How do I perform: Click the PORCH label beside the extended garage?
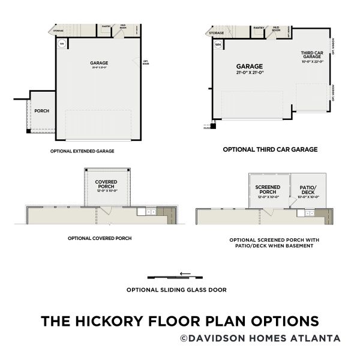pyautogui.click(x=41, y=111)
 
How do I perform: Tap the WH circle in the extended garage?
pyautogui.click(x=62, y=43)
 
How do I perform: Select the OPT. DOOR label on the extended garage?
pyautogui.click(x=145, y=61)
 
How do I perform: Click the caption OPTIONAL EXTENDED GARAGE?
pyautogui.click(x=82, y=151)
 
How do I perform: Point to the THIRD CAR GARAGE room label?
pyautogui.click(x=312, y=56)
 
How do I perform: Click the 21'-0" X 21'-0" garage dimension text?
pyautogui.click(x=249, y=73)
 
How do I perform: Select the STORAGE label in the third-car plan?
pyautogui.click(x=217, y=33)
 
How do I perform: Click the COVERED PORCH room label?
pyautogui.click(x=106, y=184)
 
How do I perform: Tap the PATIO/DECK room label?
pyautogui.click(x=307, y=190)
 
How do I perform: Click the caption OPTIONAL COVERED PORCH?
pyautogui.click(x=100, y=238)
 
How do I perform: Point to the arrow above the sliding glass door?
pyautogui.click(x=185, y=274)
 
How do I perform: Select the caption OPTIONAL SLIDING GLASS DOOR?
pyautogui.click(x=176, y=289)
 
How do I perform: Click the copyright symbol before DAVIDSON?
pyautogui.click(x=184, y=338)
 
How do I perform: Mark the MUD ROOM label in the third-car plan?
pyautogui.click(x=275, y=29)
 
